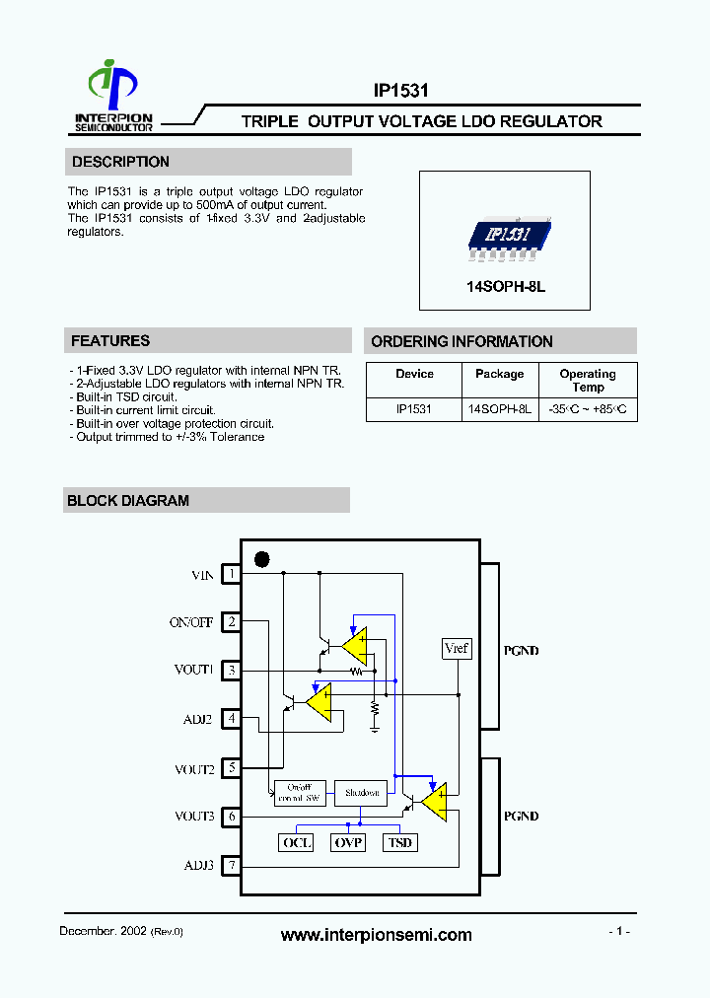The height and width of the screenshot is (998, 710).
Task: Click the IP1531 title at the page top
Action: (x=400, y=91)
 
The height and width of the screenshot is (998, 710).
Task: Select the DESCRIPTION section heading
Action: (x=120, y=162)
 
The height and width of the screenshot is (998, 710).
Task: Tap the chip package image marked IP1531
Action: (x=505, y=236)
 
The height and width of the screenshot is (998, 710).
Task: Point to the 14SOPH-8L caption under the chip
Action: (x=505, y=286)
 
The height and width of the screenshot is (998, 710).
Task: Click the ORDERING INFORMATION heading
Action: (x=461, y=341)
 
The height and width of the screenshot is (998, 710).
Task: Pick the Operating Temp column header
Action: (x=588, y=380)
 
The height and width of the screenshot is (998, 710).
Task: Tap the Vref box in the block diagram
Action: (x=457, y=648)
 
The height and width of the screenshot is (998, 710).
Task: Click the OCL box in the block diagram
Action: (x=297, y=842)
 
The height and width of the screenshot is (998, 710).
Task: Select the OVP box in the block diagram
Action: (x=348, y=842)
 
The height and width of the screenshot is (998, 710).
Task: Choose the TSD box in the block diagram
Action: (x=399, y=842)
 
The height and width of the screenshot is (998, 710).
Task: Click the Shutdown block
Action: (x=361, y=793)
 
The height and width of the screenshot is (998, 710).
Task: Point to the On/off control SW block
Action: (x=299, y=793)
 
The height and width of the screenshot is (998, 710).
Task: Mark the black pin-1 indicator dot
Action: (x=262, y=559)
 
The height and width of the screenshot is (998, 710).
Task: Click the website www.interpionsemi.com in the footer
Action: (x=376, y=935)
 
